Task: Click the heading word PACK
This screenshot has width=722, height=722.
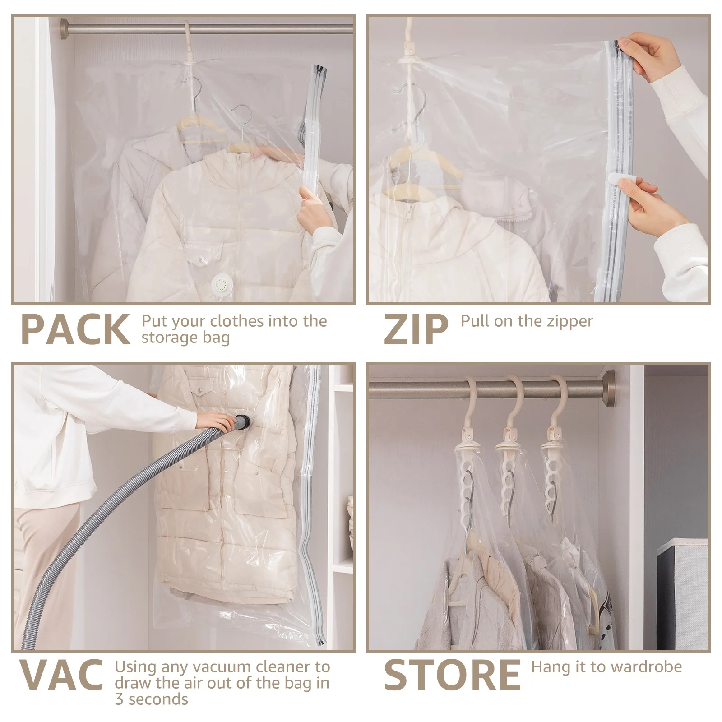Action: click(75, 329)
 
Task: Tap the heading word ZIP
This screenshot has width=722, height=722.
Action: click(416, 329)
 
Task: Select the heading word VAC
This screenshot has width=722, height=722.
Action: click(61, 675)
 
